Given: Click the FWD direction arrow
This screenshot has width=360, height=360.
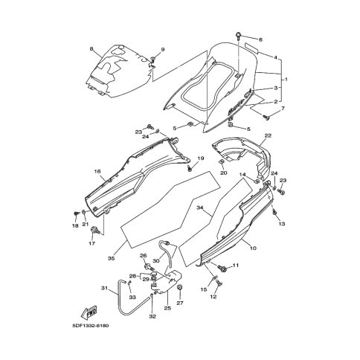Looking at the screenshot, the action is (89, 312).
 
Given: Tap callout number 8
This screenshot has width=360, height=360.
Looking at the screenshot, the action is (91, 49).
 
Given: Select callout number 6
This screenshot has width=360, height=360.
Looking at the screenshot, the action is (260, 39).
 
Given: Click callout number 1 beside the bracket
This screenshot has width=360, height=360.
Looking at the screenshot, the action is (286, 80).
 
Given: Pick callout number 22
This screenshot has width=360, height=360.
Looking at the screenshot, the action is (268, 135).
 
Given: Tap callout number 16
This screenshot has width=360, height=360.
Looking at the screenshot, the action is (97, 171).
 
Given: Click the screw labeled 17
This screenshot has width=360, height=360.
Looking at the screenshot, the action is (95, 230).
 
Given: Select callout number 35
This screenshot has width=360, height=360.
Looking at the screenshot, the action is (111, 258).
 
